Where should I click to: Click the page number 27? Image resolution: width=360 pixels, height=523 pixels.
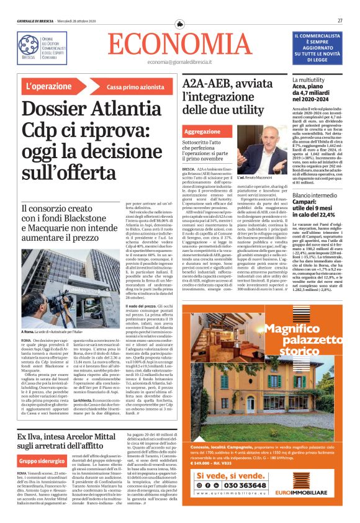(340, 20)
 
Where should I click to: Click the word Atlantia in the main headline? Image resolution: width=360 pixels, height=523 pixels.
(122, 110)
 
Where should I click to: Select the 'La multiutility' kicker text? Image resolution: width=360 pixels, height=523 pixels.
(326, 80)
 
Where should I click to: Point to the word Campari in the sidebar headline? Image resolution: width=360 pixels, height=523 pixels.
(324, 202)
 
